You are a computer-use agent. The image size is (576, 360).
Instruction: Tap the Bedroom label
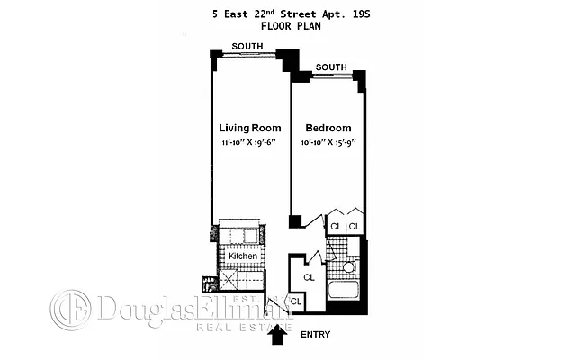pyautogui.click(x=328, y=128)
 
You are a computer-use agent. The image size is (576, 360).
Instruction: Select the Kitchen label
pyautogui.click(x=242, y=256)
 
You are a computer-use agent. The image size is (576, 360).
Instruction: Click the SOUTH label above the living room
pyautogui.click(x=247, y=46)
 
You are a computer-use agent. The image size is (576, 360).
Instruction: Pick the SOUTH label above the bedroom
pyautogui.click(x=331, y=67)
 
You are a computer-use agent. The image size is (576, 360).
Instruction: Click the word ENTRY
pyautogui.click(x=316, y=335)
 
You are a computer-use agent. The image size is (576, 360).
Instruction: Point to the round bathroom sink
pyautogui.click(x=349, y=267)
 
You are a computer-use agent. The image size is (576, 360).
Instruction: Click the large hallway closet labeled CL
pyautogui.click(x=309, y=277)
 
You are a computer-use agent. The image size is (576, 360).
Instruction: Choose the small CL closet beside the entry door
pyautogui.click(x=296, y=302)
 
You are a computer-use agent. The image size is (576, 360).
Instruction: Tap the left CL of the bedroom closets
pyautogui.click(x=336, y=227)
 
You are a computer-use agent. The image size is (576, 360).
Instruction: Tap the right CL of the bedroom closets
pyautogui.click(x=355, y=227)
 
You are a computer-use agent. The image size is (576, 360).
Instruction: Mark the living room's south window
pyautogui.click(x=248, y=56)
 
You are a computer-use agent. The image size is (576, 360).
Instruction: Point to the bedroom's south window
pyautogui.click(x=331, y=76)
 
